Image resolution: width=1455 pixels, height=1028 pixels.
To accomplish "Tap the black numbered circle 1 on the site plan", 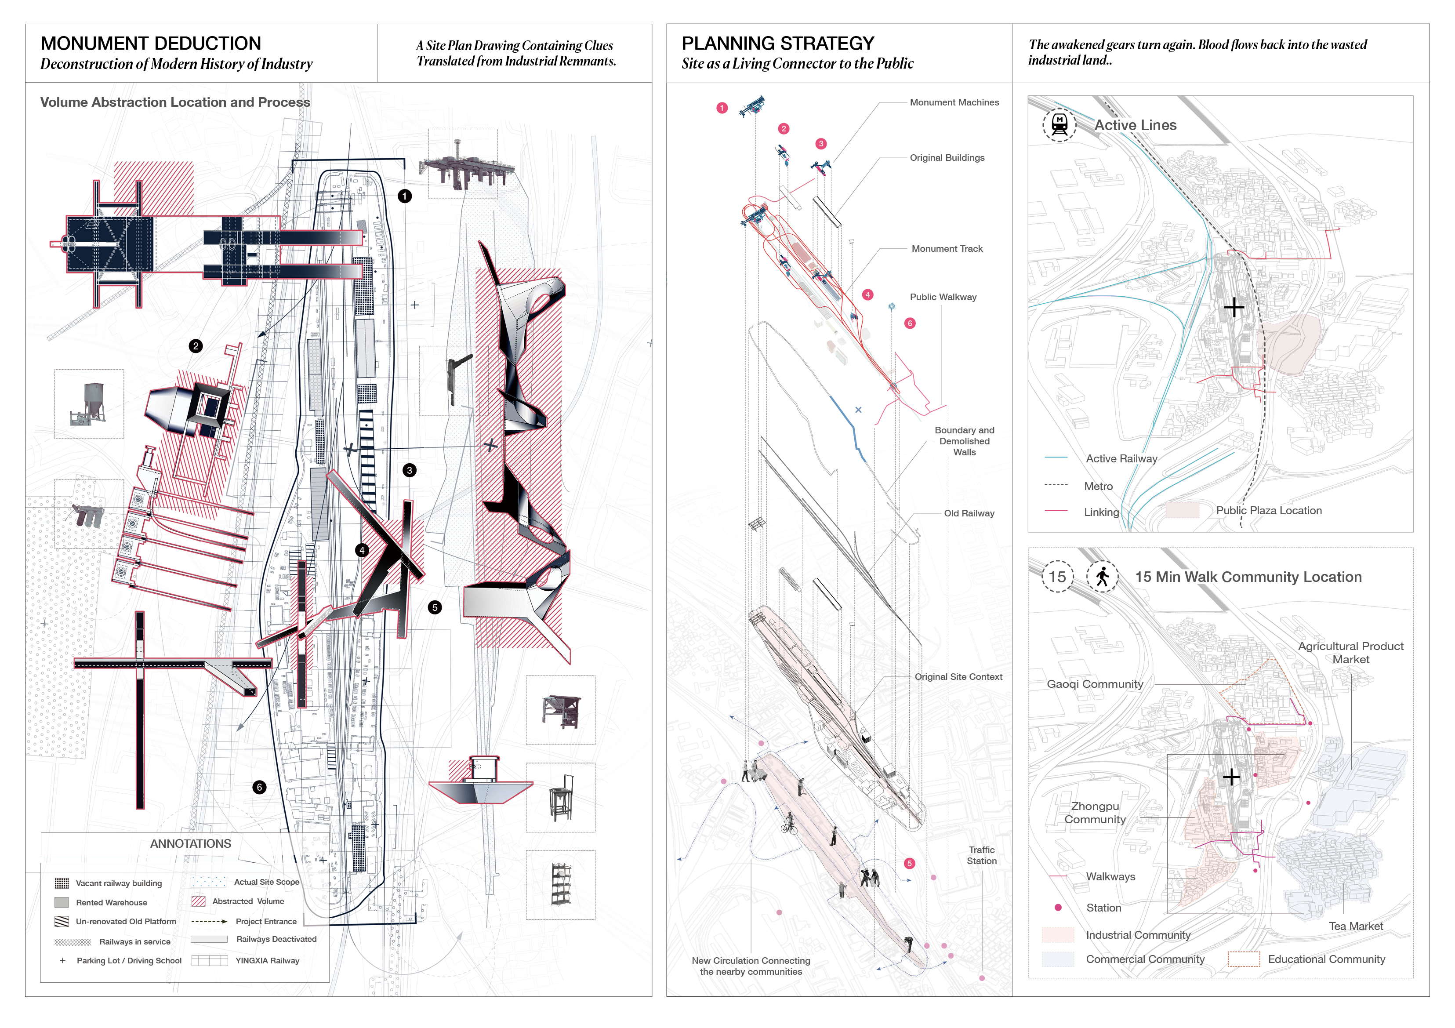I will [x=404, y=196].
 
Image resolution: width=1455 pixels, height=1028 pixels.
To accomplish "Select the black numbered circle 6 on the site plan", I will [x=259, y=787].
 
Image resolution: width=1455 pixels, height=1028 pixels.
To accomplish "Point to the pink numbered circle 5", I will [x=909, y=863].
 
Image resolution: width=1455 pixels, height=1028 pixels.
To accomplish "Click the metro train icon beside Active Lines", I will [x=1059, y=124].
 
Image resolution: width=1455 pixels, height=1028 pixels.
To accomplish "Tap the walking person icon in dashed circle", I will [x=1103, y=576].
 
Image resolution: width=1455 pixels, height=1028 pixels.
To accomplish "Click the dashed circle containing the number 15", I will [x=1057, y=576].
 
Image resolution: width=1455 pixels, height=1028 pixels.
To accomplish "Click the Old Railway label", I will [x=969, y=513].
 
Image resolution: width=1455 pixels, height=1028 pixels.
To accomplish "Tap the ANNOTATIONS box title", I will [x=190, y=843].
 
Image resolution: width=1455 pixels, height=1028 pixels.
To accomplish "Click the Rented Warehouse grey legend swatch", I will [x=62, y=902].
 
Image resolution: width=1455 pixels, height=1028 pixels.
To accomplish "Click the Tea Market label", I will [x=1356, y=926].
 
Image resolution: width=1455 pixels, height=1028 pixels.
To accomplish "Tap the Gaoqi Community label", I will [x=1094, y=684].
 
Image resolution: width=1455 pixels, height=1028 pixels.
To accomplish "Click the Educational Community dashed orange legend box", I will [x=1243, y=959].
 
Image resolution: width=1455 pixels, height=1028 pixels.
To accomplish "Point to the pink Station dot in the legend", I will [x=1058, y=908].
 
